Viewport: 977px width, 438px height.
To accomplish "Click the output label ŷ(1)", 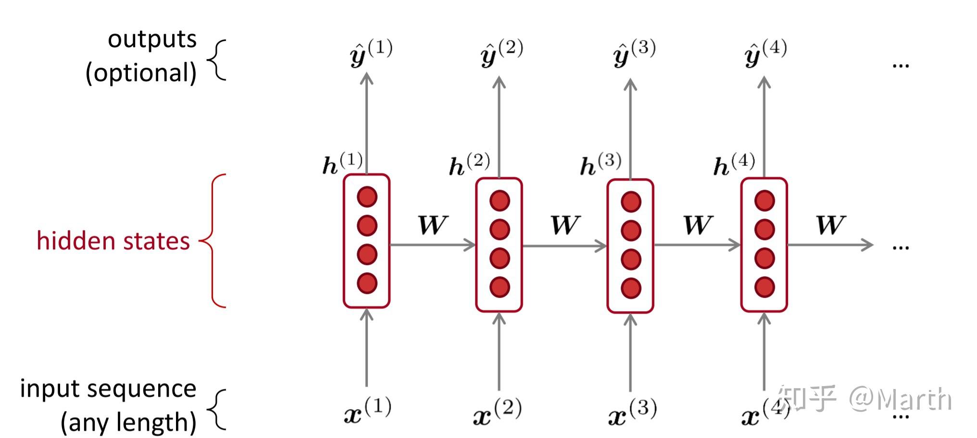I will [x=370, y=53].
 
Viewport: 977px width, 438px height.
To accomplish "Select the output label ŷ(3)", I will [x=634, y=53].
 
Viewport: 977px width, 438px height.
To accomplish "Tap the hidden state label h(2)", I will [x=469, y=165].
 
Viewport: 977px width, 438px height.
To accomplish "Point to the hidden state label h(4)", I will [x=734, y=165].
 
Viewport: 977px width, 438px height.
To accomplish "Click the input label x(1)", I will [x=367, y=411].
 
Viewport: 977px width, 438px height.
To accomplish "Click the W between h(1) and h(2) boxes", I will [x=433, y=225].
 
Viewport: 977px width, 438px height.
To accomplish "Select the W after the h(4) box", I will [x=830, y=225].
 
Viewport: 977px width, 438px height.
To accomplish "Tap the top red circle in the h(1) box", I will [x=367, y=197].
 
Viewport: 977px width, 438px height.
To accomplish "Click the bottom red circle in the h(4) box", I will [x=764, y=287].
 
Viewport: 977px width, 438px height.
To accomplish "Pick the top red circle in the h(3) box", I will [x=631, y=202].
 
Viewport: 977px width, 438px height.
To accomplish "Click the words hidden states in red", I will [x=113, y=241].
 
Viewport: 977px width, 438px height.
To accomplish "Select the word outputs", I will [x=152, y=39].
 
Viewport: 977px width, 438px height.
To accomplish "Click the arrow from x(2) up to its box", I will [x=499, y=351].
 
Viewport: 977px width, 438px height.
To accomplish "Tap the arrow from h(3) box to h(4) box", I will [x=697, y=245].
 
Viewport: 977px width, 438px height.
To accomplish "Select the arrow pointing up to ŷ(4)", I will [x=764, y=127].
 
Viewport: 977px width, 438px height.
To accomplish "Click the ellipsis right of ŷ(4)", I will [x=900, y=65].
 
